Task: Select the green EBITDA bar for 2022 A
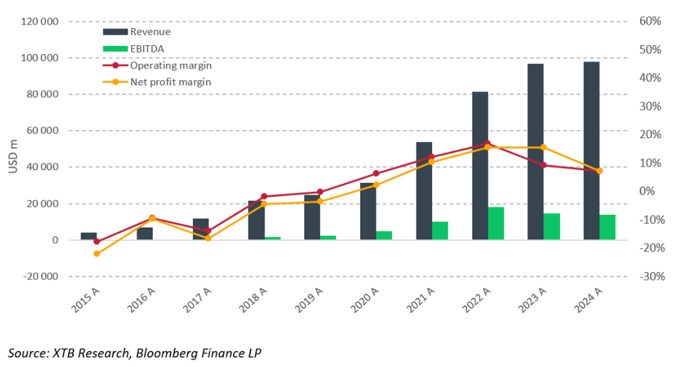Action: (496, 224)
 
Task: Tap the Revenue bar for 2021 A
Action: (424, 191)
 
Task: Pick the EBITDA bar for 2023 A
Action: (552, 226)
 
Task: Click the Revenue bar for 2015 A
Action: (89, 236)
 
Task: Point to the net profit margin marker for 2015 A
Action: (97, 254)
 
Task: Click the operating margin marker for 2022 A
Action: (487, 143)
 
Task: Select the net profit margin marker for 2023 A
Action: (543, 147)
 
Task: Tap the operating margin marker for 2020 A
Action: (375, 173)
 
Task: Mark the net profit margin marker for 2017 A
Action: (208, 238)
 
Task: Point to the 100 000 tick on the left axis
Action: (40, 58)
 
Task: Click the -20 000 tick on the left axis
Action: (40, 277)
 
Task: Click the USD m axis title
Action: (12, 157)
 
